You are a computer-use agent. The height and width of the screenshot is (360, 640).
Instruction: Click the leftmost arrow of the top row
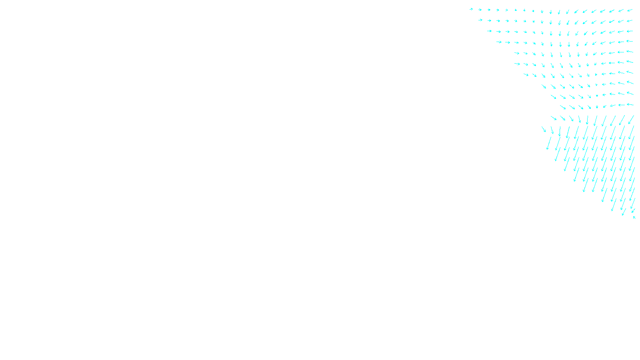click(471, 9)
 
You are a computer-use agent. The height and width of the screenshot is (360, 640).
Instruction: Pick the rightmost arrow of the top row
click(630, 10)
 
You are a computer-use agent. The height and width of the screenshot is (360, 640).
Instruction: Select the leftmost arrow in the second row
click(480, 20)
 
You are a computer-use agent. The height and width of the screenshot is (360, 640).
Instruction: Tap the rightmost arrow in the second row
click(630, 21)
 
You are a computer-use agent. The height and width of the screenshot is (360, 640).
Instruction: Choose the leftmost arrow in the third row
click(489, 31)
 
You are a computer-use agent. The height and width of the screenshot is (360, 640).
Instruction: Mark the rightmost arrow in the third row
click(630, 31)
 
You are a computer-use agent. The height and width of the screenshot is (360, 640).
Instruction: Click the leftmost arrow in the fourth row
click(498, 42)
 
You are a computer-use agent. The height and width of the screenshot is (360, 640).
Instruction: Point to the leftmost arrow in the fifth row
click(517, 53)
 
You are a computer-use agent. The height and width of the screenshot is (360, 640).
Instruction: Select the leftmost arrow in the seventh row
click(526, 74)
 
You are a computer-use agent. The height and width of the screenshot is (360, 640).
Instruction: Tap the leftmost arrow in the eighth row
click(544, 86)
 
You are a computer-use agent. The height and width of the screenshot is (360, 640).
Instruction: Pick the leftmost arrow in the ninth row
click(553, 97)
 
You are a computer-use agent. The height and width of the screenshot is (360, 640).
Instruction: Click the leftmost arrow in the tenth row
click(563, 107)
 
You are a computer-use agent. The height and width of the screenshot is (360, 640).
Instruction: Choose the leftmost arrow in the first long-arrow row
click(554, 118)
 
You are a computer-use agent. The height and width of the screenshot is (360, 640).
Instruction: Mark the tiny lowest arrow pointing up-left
click(634, 218)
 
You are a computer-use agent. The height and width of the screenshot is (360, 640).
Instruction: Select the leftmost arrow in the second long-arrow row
click(544, 129)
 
